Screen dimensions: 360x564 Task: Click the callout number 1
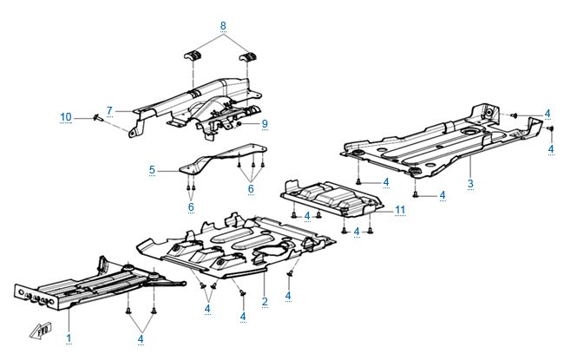pyautogui.click(x=69, y=336)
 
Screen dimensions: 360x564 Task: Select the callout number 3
pyautogui.click(x=470, y=184)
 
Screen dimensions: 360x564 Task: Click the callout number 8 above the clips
pyautogui.click(x=223, y=27)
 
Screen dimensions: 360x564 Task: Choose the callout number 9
pyautogui.click(x=265, y=124)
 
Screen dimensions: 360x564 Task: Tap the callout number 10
pyautogui.click(x=66, y=116)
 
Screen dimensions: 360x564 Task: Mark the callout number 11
pyautogui.click(x=400, y=210)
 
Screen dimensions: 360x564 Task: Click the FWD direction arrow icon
pyautogui.click(x=39, y=329)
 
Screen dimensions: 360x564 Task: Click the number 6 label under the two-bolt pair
pyautogui.click(x=189, y=206)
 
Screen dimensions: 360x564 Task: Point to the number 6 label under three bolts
pyautogui.click(x=251, y=188)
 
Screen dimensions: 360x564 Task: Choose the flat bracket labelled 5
pyautogui.click(x=213, y=164)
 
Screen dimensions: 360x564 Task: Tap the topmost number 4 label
pyautogui.click(x=548, y=114)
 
